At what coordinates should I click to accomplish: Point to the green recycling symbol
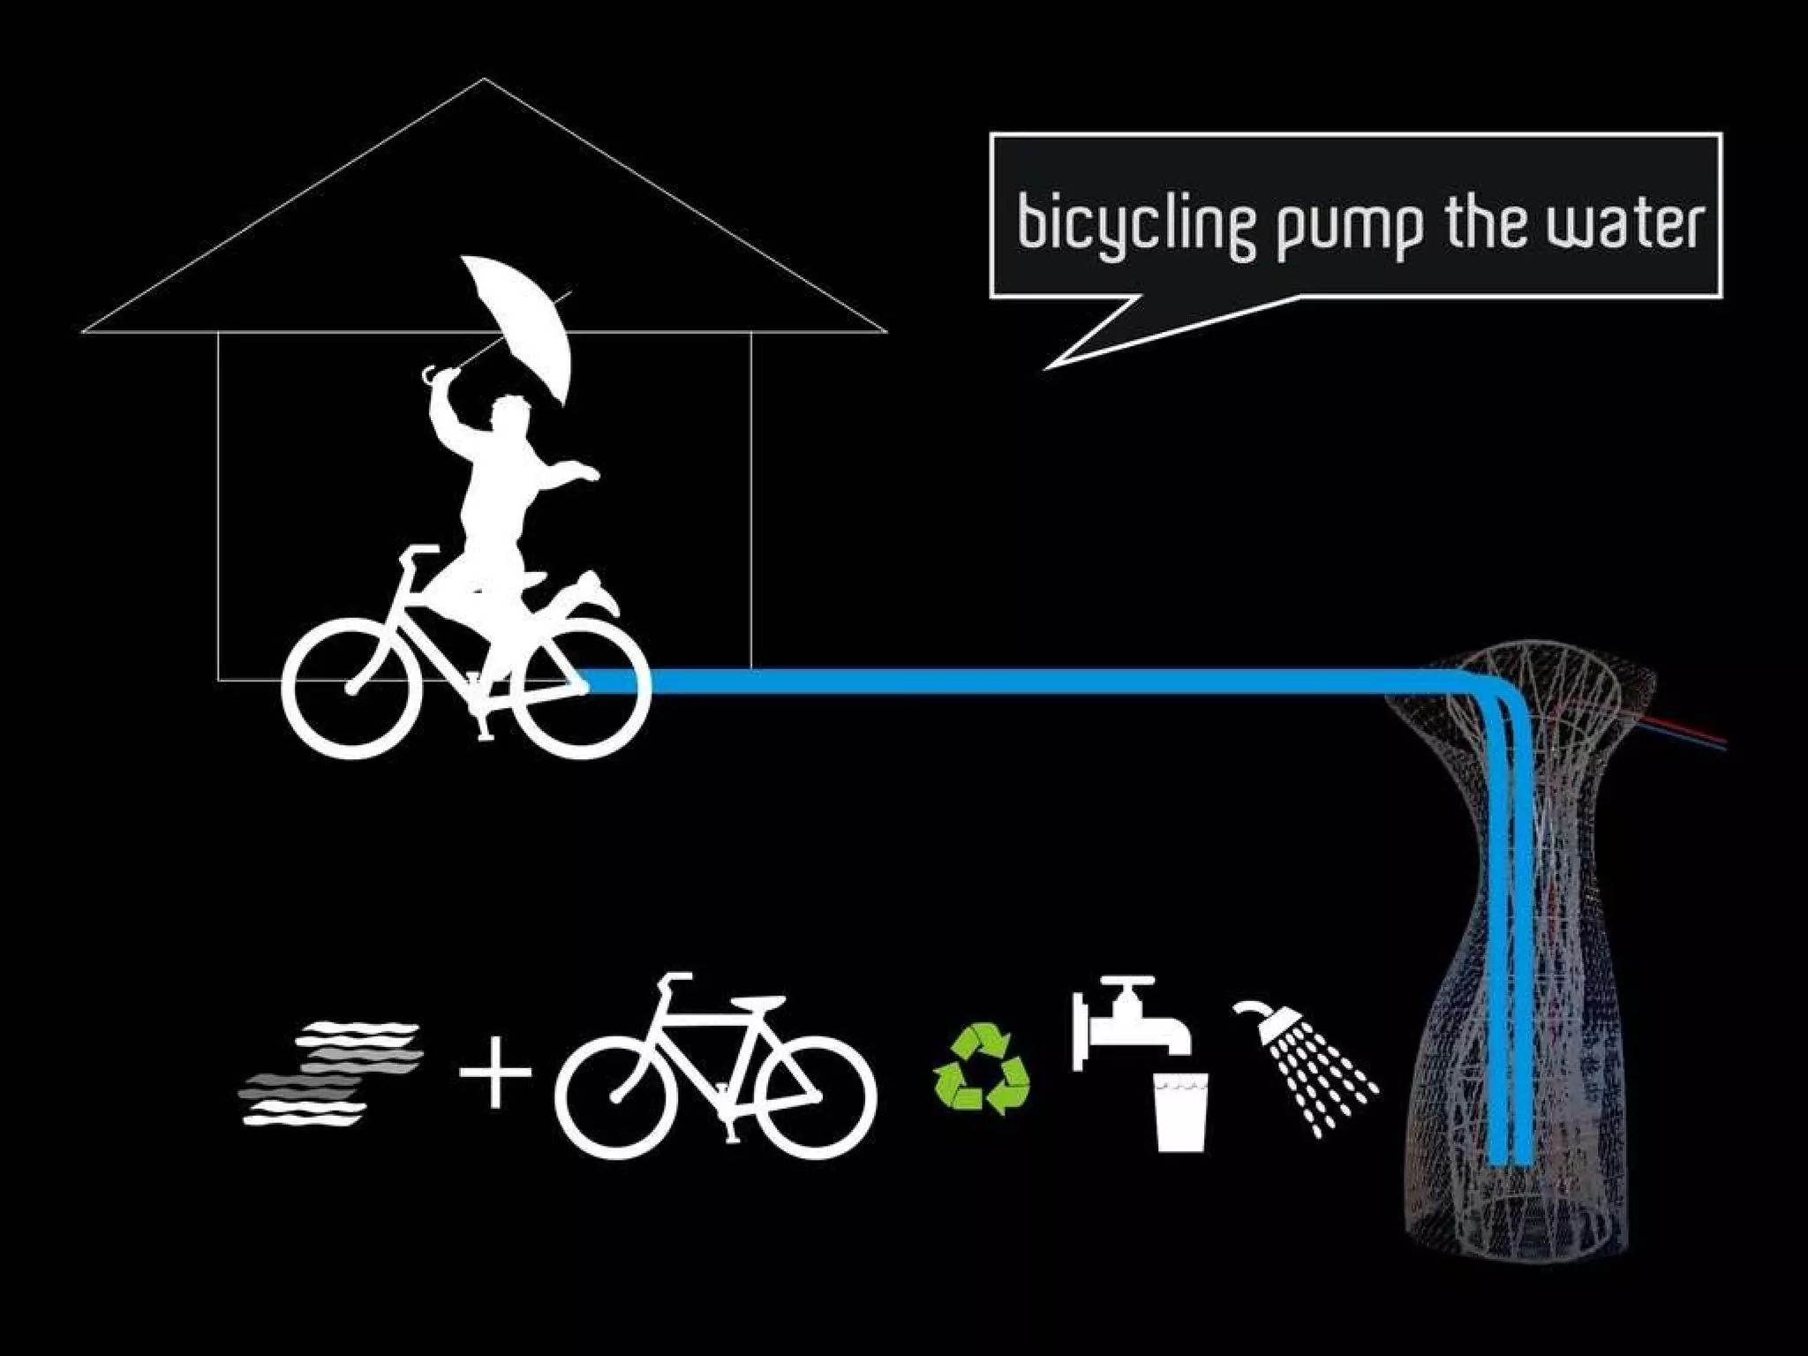(x=982, y=1067)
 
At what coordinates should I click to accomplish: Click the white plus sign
(x=495, y=1072)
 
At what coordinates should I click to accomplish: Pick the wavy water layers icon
(x=331, y=1073)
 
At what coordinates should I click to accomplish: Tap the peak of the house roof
(x=484, y=80)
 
